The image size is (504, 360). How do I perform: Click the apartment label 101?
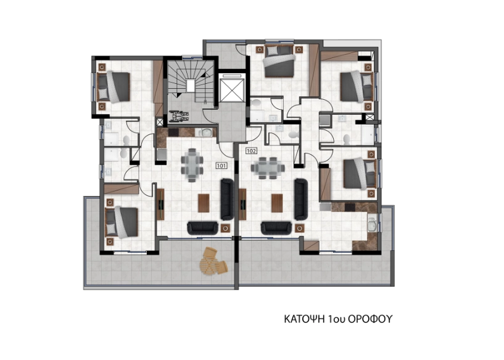[221, 166]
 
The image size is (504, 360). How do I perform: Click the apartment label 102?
[251, 150]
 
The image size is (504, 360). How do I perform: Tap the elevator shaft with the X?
[231, 88]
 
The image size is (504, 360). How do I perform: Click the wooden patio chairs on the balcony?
[213, 261]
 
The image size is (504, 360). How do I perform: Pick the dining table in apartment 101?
[192, 165]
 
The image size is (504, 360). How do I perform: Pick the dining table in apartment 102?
[268, 168]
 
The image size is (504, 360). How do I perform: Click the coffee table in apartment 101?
[204, 203]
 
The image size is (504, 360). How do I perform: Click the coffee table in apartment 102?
[277, 203]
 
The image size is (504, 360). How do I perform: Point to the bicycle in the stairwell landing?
[179, 116]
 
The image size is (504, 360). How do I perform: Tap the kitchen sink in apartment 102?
[372, 224]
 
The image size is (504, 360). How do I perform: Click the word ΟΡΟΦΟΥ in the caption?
[370, 319]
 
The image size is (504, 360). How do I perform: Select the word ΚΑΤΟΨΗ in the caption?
[305, 319]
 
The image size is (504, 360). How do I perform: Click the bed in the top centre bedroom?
[278, 62]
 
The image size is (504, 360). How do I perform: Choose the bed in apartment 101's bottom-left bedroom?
[122, 223]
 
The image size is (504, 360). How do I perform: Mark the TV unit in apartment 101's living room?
[160, 204]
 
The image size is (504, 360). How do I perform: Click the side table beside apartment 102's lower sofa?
[299, 228]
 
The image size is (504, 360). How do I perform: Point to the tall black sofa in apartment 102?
[301, 199]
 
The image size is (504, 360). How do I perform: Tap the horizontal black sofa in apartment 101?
[203, 227]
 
